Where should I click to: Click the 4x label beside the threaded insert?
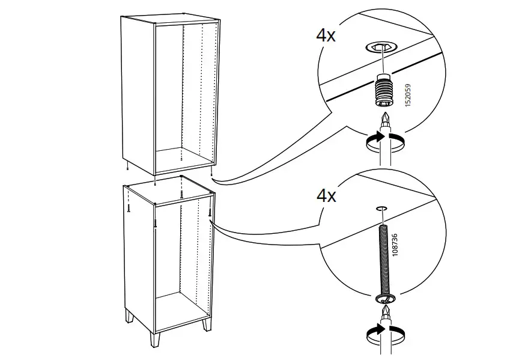click(326, 34)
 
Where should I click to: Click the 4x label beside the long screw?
click(326, 196)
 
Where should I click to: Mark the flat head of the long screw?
click(382, 298)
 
